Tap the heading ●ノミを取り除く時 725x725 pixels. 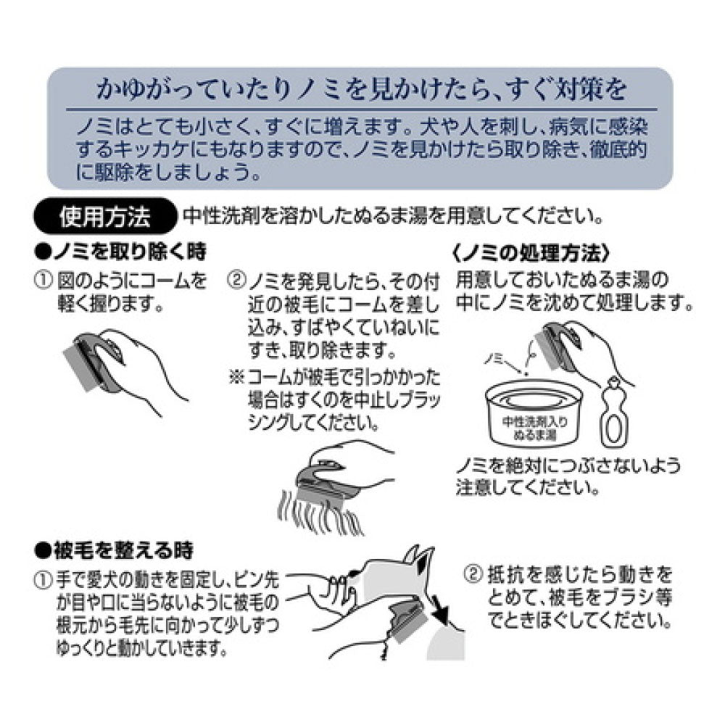(x=120, y=253)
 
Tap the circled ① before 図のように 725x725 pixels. (x=44, y=279)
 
